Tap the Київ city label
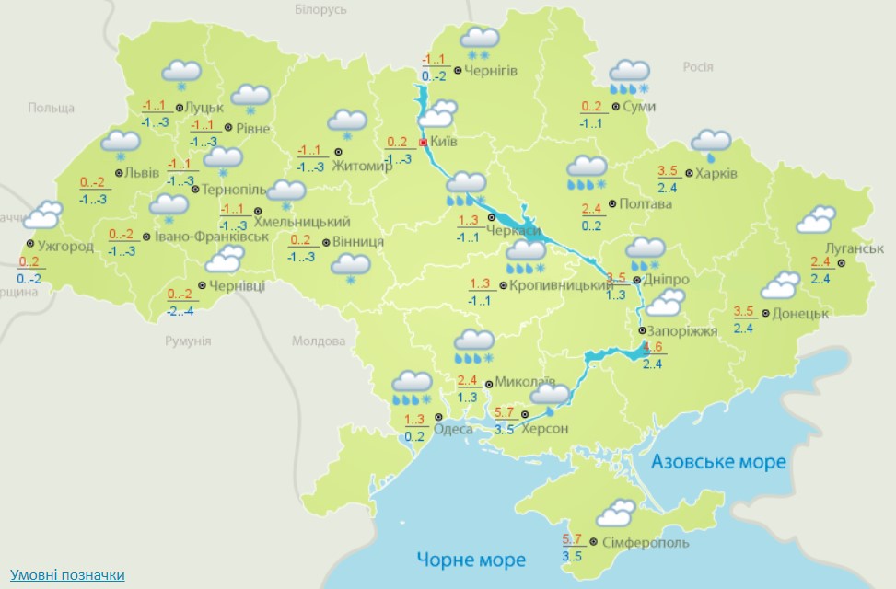444,143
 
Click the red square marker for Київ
423,144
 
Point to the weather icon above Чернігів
479,40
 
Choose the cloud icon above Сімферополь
614,513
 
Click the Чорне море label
471,559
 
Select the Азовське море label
718,461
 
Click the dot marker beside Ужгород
30,245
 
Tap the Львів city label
142,173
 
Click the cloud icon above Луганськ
816,220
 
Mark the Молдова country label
318,341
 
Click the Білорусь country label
321,9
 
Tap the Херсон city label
544,429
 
